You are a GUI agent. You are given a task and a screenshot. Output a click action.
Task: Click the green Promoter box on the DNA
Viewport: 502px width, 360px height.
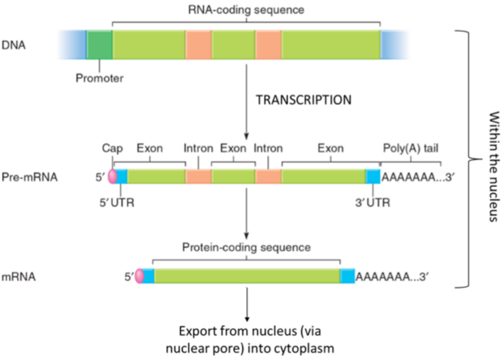(99, 44)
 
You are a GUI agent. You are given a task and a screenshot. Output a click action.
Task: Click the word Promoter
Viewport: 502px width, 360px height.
(98, 78)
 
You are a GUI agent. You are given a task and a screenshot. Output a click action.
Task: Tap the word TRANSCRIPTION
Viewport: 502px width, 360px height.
(302, 100)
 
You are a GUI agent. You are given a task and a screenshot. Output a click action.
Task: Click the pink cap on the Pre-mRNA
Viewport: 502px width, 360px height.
(112, 177)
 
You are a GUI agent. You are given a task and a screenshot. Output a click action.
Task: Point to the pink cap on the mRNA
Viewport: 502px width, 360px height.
(139, 276)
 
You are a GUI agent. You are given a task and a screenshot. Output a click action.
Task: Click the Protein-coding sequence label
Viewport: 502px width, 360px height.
(246, 248)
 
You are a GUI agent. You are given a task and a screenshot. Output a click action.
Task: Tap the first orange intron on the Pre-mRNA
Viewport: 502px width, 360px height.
(198, 177)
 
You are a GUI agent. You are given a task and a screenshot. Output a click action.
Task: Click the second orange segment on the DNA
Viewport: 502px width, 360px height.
(268, 44)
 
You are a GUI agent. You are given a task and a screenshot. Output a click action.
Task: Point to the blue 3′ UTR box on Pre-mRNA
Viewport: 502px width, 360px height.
(373, 177)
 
